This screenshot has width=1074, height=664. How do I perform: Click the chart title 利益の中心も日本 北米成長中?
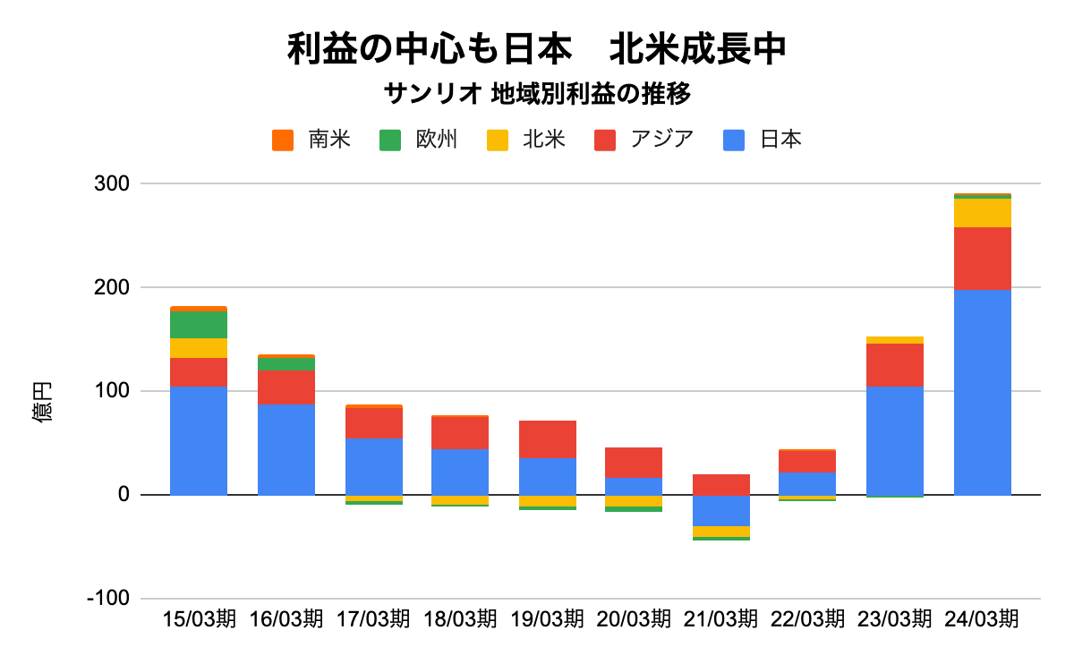tap(536, 49)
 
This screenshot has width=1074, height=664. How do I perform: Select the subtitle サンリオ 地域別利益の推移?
tap(536, 95)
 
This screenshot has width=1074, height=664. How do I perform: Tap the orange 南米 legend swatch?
tap(284, 140)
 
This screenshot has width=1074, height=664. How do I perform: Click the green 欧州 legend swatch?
tap(390, 140)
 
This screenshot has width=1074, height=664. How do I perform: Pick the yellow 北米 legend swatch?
tap(497, 140)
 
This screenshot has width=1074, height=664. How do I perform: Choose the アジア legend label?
tap(661, 140)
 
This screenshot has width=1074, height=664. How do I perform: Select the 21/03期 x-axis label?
tap(720, 619)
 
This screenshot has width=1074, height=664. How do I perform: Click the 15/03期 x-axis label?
tap(200, 619)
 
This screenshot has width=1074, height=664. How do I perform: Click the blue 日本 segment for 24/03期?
tap(982, 392)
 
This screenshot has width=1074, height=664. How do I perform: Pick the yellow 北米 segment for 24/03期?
tap(982, 213)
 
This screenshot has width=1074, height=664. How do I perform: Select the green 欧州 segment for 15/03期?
tap(199, 324)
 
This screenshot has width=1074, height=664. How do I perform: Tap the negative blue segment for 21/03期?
tap(720, 510)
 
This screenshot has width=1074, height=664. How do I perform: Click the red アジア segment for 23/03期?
tap(895, 364)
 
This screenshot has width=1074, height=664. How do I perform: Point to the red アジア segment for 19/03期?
tap(548, 438)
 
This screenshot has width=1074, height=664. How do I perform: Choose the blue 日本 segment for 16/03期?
tap(286, 449)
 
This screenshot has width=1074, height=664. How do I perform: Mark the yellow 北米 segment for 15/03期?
tap(199, 347)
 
